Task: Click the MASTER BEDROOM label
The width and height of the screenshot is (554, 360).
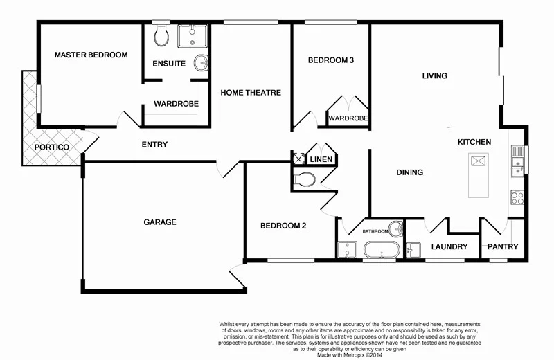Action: click(91, 55)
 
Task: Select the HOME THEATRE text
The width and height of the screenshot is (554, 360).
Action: click(251, 92)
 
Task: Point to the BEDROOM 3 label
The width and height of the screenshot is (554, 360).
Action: click(331, 60)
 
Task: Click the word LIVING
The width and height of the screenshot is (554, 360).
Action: click(435, 75)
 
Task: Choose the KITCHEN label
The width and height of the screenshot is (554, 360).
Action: click(474, 142)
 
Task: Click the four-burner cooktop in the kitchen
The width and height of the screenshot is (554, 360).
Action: click(517, 196)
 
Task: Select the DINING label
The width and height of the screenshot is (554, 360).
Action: click(409, 172)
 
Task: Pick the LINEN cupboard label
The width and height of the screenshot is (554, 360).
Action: click(321, 160)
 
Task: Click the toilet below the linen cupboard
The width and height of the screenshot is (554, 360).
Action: click(304, 180)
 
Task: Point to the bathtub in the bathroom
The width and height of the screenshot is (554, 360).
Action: click(382, 250)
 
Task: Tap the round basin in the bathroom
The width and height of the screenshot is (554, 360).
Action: click(395, 228)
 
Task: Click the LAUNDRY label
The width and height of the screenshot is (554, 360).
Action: click(449, 247)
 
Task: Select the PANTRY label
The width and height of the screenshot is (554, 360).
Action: click(503, 247)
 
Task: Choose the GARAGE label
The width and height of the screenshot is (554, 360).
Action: click(160, 222)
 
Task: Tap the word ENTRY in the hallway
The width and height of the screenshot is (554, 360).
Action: click(154, 145)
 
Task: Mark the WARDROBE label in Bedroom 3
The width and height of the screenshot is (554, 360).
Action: click(348, 119)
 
